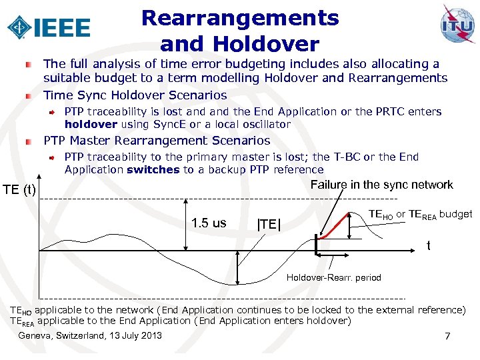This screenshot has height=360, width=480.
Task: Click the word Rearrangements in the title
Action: pyautogui.click(x=240, y=17)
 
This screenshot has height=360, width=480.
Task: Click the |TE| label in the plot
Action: pyautogui.click(x=269, y=225)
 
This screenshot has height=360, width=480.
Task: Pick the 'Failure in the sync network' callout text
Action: pyautogui.click(x=382, y=185)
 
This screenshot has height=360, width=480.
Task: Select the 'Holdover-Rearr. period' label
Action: pyautogui.click(x=333, y=277)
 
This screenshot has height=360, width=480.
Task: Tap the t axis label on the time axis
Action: pyautogui.click(x=429, y=246)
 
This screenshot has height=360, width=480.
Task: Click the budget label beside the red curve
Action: pyautogui.click(x=420, y=215)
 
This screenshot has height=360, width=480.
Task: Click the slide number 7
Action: pyautogui.click(x=448, y=337)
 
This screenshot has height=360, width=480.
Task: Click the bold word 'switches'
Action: pyautogui.click(x=153, y=169)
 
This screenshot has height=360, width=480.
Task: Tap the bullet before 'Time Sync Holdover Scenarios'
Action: pyautogui.click(x=28, y=95)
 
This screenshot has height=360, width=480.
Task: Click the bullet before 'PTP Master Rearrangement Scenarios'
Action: pyautogui.click(x=28, y=141)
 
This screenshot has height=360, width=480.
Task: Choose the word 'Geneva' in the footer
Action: pyautogui.click(x=35, y=335)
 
